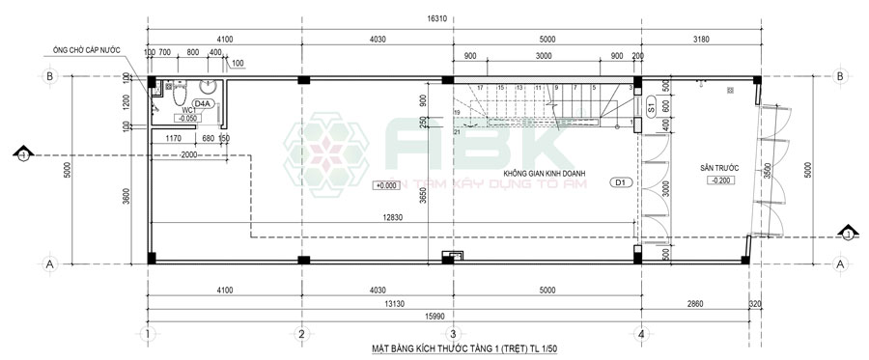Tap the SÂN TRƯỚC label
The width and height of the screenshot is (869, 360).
[719, 168]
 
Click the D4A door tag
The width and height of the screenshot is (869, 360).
[203, 102]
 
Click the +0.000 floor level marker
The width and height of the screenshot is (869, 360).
[385, 184]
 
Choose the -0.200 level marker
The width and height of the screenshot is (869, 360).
[719, 180]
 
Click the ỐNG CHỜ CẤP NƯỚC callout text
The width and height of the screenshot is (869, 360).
[90, 50]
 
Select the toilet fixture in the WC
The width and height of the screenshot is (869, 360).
[178, 100]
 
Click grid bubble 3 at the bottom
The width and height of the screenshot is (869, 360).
[452, 334]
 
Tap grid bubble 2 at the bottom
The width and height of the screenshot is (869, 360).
[302, 334]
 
